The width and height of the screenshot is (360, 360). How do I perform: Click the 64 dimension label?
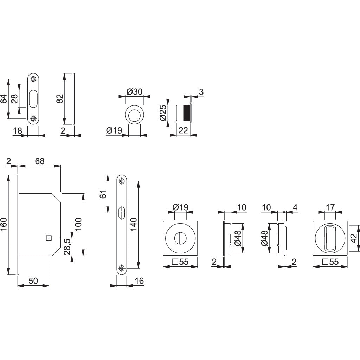coord(4,99)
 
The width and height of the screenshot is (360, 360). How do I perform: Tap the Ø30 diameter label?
coord(134,92)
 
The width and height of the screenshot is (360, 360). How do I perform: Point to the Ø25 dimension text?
coord(162,113)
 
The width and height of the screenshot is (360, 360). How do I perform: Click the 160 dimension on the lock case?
coord(4,225)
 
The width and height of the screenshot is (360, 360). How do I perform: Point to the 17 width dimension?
coord(330,208)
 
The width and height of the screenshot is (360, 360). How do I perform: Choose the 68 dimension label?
coord(39,161)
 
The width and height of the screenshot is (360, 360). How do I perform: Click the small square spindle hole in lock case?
coord(49,238)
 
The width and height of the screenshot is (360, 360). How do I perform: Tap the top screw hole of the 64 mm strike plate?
coord(33,79)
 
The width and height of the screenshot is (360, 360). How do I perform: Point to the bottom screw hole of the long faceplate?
coord(122,269)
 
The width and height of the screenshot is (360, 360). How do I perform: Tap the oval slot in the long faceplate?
coord(122,213)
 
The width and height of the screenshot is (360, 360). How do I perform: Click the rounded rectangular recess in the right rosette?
coord(330,238)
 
